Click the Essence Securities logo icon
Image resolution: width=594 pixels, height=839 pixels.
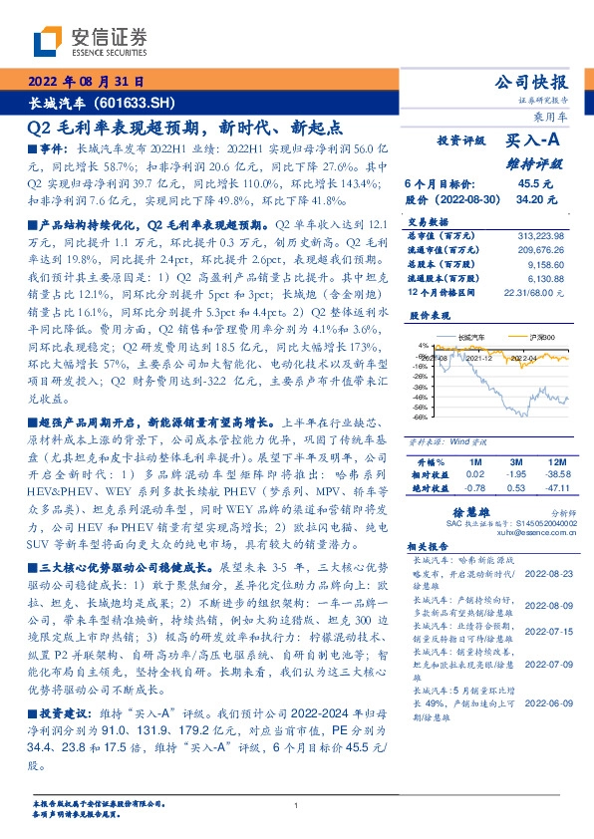point(49,41)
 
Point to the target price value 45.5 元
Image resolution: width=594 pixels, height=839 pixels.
point(527,184)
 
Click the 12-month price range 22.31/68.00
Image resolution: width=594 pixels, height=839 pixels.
point(536,292)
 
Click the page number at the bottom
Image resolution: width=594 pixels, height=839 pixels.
point(297,805)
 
